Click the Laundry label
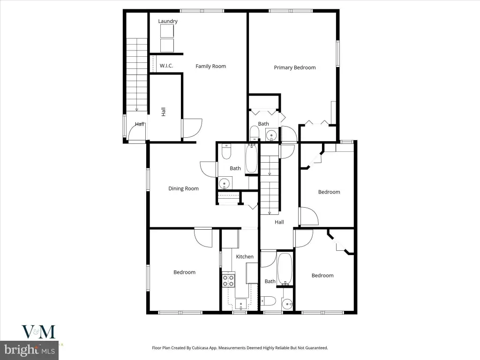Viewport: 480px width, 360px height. pos(168,21)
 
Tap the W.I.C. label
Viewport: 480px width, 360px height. pos(166,66)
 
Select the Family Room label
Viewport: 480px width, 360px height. pos(210,66)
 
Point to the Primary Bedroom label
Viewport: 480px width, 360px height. pos(295,67)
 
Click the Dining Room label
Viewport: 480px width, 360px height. pos(183,188)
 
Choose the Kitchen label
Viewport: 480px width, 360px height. pos(245,256)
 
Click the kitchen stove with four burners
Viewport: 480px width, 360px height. pos(229,281)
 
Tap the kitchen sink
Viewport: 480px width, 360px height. pos(241,304)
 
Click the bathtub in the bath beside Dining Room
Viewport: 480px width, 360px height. pos(252,159)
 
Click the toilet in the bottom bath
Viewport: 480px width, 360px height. pos(268,301)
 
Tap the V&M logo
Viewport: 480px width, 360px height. pos(38,332)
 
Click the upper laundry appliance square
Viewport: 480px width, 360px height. pos(167,31)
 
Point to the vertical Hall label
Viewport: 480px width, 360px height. pos(163,112)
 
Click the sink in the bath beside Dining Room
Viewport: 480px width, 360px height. pos(225,183)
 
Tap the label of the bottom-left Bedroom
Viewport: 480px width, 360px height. pos(184,272)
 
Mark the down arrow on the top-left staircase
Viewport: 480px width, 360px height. pos(137,107)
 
